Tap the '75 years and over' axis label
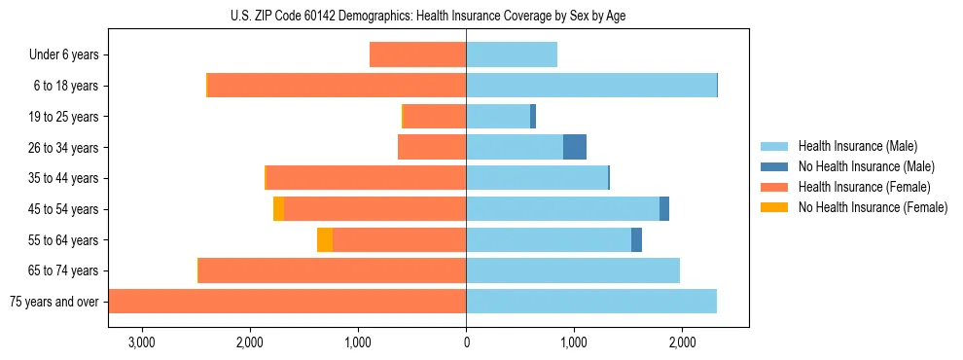pos(53,302)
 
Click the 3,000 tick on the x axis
pos(142,342)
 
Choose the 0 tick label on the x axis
pos(466,342)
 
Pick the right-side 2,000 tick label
pos(682,342)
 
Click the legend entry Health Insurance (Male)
pos(857,146)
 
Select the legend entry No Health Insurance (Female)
pos(873,207)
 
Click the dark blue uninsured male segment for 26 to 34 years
pos(575,147)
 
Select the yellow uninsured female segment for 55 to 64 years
pos(325,239)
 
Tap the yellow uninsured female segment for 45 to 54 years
pos(279,209)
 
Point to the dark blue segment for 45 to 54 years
pos(664,209)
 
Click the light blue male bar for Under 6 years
pos(512,55)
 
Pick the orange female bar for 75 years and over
pos(287,302)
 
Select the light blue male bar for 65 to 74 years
pos(572,270)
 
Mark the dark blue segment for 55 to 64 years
pos(636,239)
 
